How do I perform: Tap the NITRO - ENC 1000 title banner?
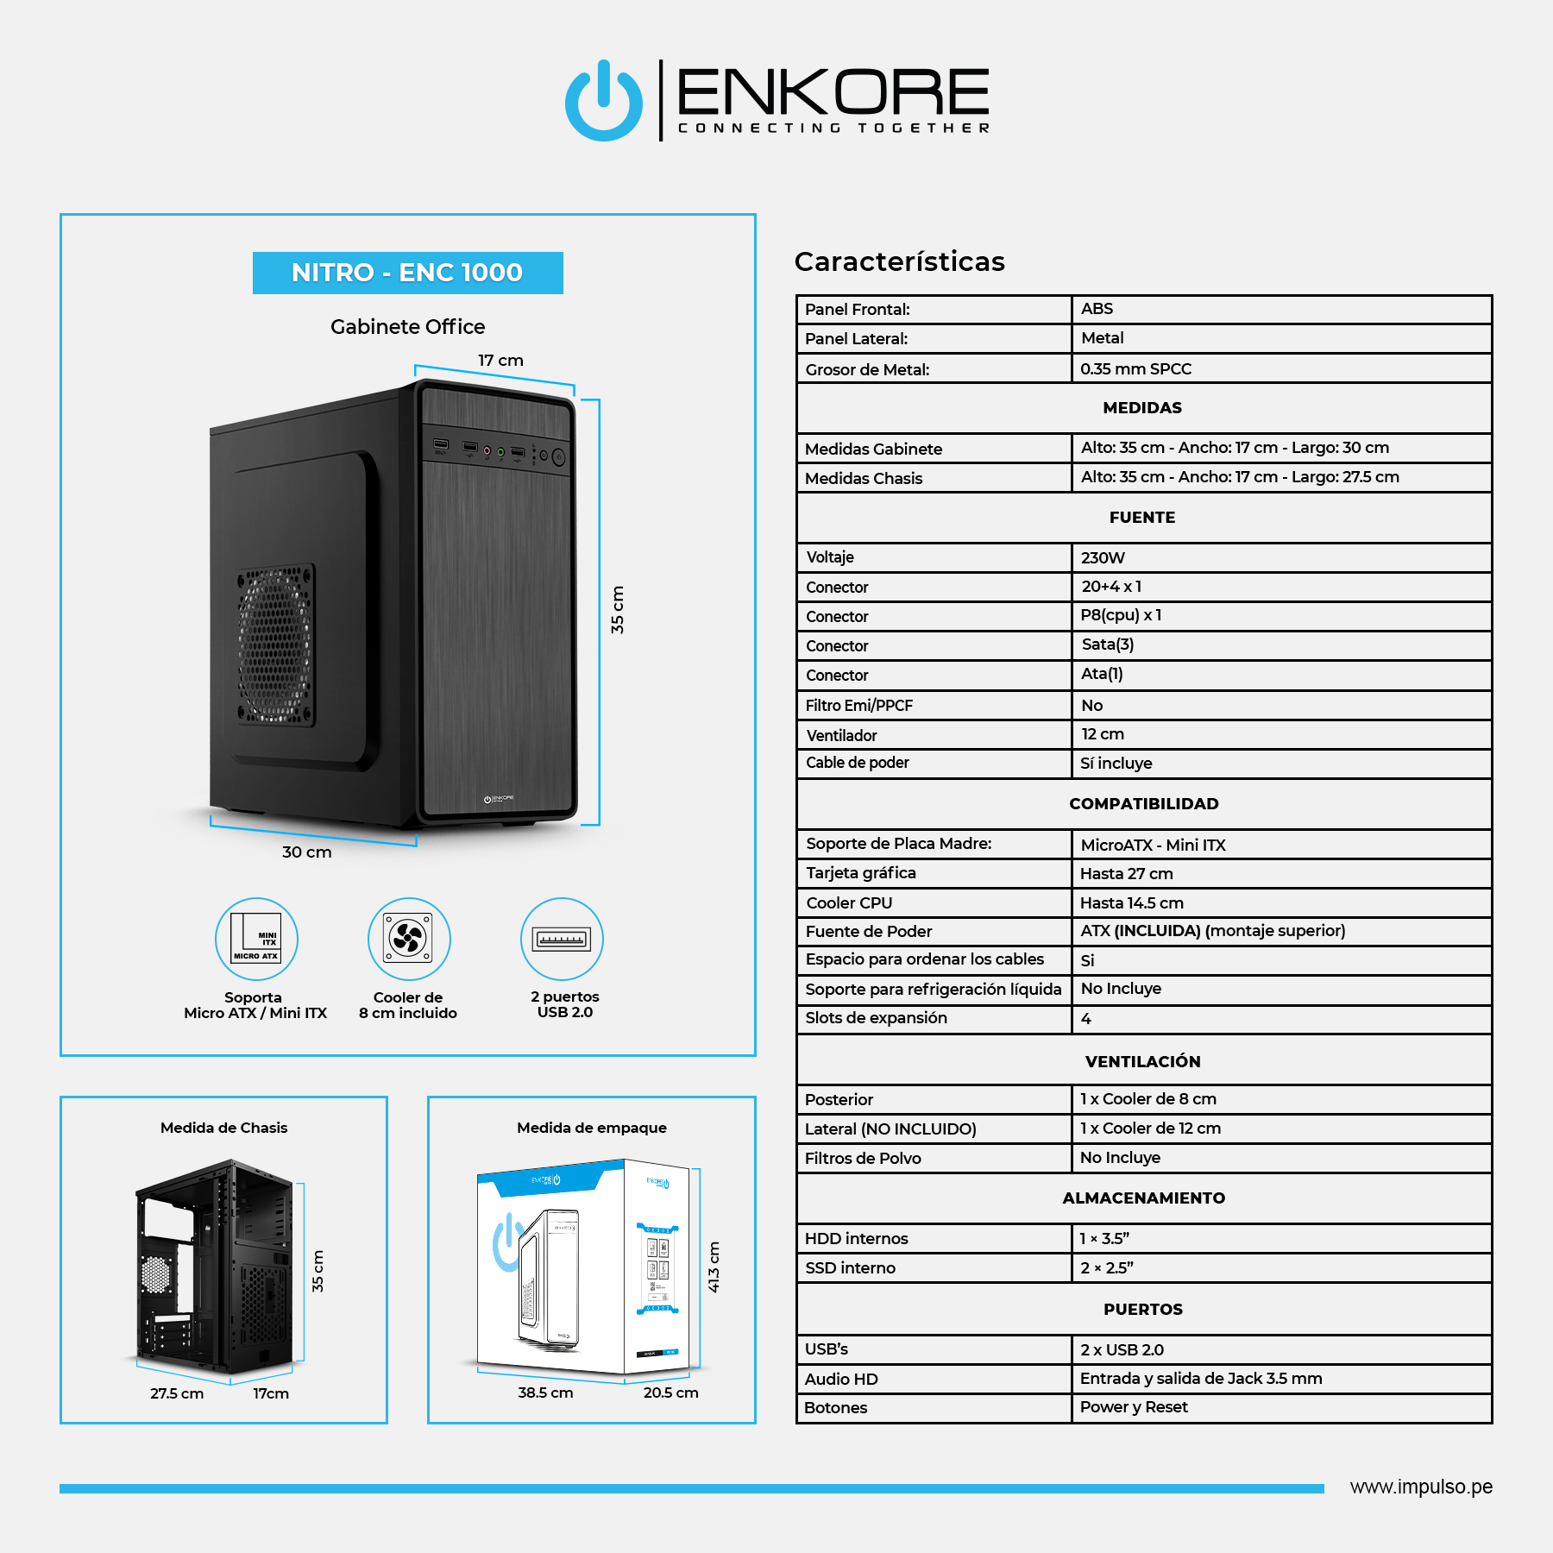tap(407, 273)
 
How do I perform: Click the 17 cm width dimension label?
tap(500, 361)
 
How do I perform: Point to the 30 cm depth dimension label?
tap(306, 852)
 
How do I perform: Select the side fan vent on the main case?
tap(276, 644)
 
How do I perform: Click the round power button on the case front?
tap(558, 457)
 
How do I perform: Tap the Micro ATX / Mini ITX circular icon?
tap(256, 939)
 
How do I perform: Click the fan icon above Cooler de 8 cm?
tap(409, 939)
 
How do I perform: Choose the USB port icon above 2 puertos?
tap(562, 939)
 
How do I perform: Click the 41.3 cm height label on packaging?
tap(714, 1267)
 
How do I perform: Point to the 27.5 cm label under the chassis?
tap(177, 1393)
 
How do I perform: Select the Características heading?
tap(900, 261)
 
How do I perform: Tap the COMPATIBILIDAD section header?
tap(1144, 804)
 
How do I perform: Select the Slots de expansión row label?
tap(876, 1018)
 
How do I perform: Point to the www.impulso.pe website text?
tap(1421, 1487)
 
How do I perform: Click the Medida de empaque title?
tap(592, 1128)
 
